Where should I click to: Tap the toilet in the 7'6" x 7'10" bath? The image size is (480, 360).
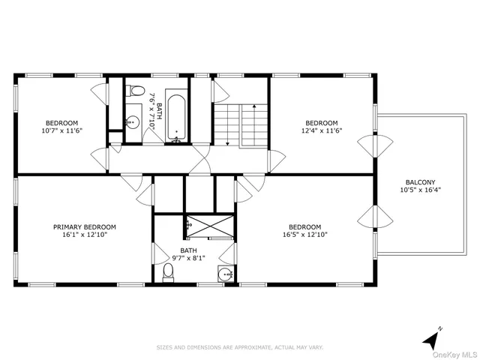pos(136,91)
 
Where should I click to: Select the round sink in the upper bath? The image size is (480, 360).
pos(133,121)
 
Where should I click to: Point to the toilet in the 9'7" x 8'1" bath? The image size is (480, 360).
pos(168,273)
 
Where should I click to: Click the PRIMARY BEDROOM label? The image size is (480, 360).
pos(84,226)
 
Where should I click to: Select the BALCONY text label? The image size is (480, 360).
pos(420,181)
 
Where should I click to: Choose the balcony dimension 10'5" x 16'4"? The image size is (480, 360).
pos(420,190)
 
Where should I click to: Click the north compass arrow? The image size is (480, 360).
pos(430,339)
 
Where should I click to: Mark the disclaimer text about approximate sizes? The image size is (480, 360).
pos(239,347)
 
